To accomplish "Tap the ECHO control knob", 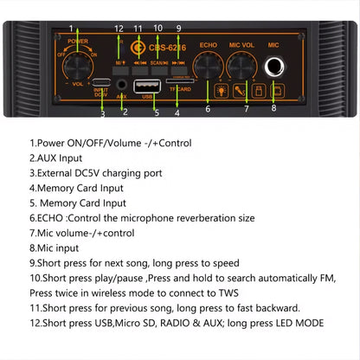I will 208,65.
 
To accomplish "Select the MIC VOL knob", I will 243,65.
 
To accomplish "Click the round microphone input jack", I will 277,65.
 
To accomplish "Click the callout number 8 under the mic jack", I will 273,109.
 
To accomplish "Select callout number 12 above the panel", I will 119,29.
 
